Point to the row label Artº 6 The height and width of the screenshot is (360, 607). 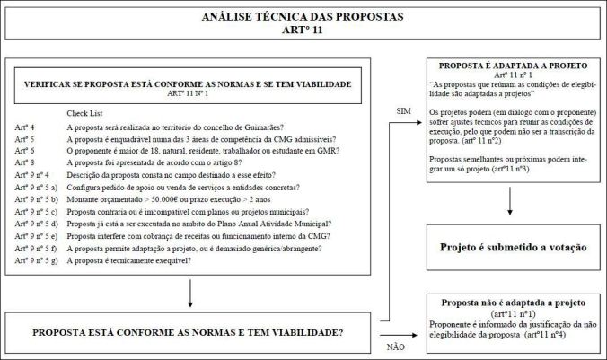coord(26,153)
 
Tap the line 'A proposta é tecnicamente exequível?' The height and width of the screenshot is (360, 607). coord(143,259)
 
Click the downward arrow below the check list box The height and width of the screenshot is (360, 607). coord(189,293)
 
